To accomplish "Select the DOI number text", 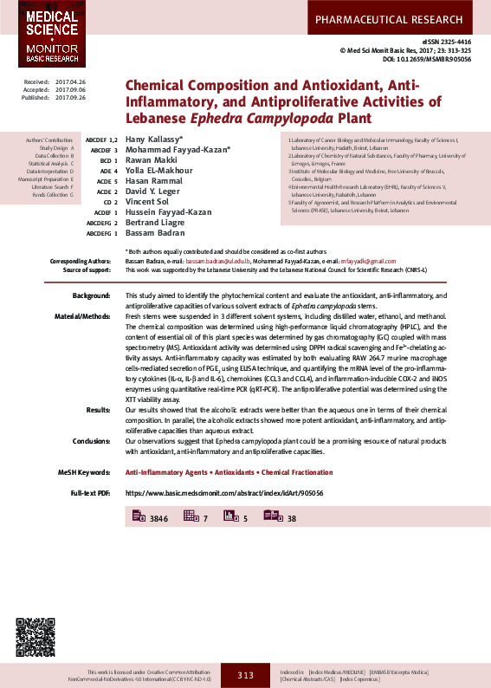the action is tap(429, 60).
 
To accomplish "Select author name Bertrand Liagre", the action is tap(155, 223).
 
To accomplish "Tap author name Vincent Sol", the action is tap(148, 202).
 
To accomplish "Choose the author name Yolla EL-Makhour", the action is tap(159, 171).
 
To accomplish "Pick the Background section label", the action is tap(92, 296).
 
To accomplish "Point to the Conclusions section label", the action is tap(91, 442).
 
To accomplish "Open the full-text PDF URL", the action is tap(225, 492).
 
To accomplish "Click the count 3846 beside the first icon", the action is tap(158, 518).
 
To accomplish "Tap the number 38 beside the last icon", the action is tap(292, 518).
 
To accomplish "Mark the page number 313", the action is tap(245, 675).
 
